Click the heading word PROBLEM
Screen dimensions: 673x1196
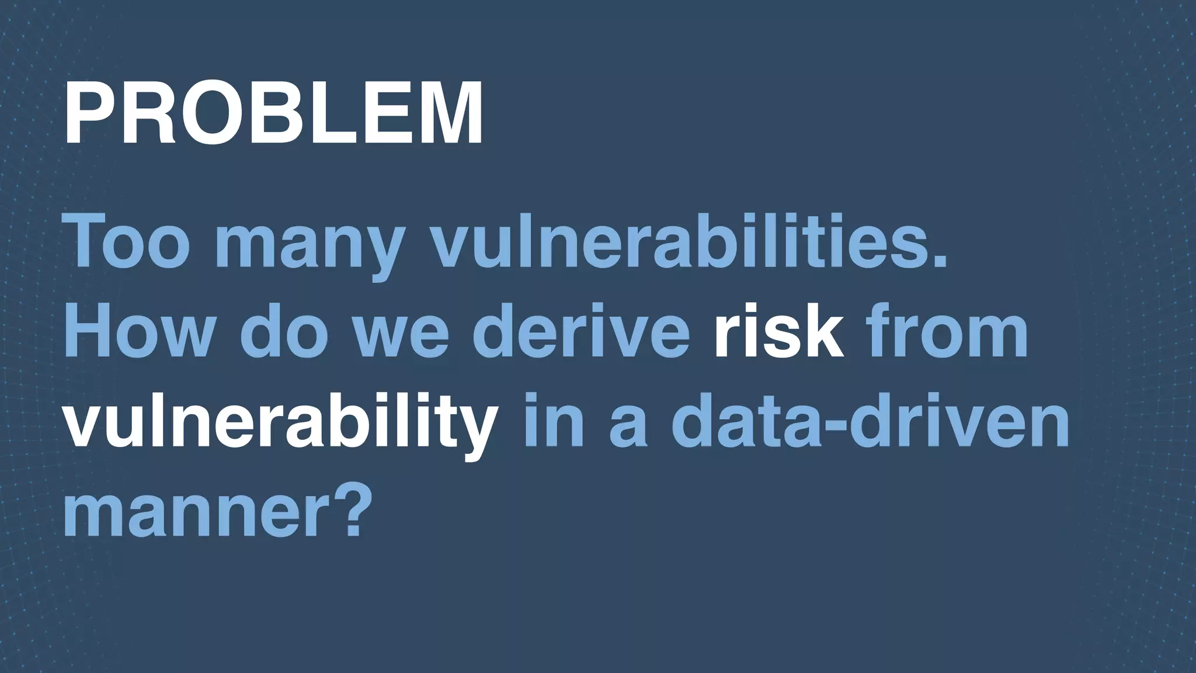tap(273, 113)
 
